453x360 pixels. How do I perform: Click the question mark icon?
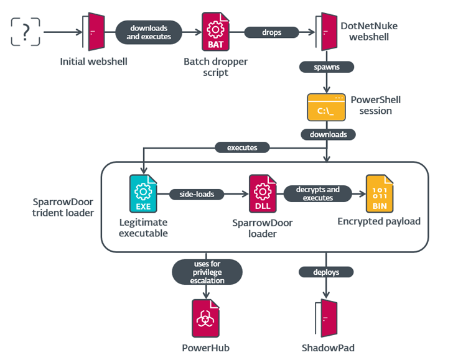pos(26,31)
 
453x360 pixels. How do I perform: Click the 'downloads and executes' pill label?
pos(149,32)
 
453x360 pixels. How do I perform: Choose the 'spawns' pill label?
pos(319,66)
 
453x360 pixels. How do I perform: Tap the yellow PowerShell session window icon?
pos(326,108)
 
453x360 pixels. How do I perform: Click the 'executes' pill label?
pos(242,148)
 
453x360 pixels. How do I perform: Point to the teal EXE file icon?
pos(143,194)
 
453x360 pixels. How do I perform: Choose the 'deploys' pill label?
pos(327,272)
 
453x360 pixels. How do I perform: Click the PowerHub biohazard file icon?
pos(205,318)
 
